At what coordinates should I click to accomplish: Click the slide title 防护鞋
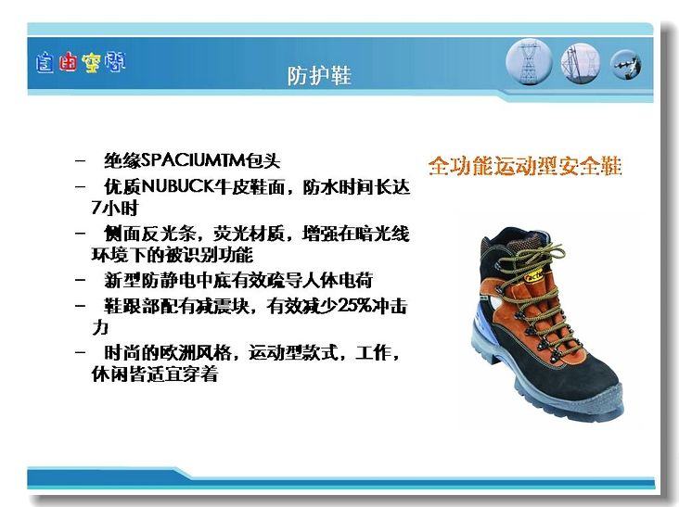click(x=319, y=76)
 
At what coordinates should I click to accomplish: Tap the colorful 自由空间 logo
click(x=81, y=63)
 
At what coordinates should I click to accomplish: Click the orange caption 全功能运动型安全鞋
click(x=525, y=166)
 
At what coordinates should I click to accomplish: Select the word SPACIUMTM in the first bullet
click(x=193, y=160)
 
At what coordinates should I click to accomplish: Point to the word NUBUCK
click(x=178, y=186)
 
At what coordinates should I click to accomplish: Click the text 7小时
click(x=114, y=208)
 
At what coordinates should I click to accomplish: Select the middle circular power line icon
click(x=581, y=64)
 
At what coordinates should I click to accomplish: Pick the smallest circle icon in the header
click(x=626, y=65)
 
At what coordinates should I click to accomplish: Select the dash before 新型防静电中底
click(x=80, y=280)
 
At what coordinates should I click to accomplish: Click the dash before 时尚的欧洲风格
click(x=80, y=352)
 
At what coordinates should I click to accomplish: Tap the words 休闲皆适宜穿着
click(x=155, y=374)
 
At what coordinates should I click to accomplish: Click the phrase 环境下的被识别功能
click(x=172, y=255)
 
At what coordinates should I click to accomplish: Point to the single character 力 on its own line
click(x=99, y=327)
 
